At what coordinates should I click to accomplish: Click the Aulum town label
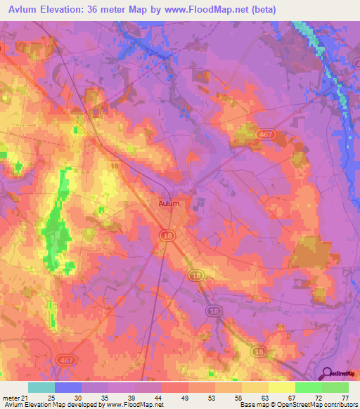point(168,203)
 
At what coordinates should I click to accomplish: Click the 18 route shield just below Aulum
point(167,235)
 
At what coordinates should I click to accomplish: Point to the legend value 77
point(345,397)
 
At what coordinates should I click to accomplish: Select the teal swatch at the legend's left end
point(41,387)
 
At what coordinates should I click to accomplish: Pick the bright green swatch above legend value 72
point(308,387)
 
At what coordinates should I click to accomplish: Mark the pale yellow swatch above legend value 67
point(281,387)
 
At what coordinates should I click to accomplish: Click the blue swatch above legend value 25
point(67,387)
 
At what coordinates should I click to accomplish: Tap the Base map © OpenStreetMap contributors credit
point(298,405)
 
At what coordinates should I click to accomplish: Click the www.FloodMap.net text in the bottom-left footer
point(134,405)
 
